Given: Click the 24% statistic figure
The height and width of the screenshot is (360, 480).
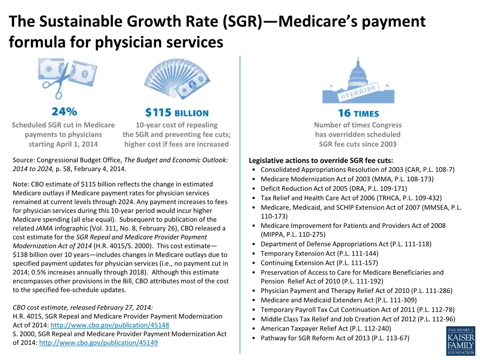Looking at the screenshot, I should click(64, 112).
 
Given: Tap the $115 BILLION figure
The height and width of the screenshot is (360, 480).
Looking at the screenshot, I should click(177, 112).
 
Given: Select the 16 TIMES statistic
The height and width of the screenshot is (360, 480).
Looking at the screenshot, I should click(358, 113).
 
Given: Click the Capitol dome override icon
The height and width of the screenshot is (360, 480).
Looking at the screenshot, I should click(358, 80).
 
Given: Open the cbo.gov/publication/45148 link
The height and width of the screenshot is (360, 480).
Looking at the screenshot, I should click(110, 325).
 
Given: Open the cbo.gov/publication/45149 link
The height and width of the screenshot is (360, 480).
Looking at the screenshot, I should click(98, 343).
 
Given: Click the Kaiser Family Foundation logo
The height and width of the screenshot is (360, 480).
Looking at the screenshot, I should click(460, 341).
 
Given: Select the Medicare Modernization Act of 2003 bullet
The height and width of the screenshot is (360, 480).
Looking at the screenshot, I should click(347, 179).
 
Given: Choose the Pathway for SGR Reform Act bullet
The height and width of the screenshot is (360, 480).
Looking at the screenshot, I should click(335, 338).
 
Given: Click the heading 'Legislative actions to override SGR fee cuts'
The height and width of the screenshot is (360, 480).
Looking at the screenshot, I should click(321, 160).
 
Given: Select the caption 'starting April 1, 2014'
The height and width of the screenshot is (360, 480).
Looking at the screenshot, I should click(63, 144).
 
